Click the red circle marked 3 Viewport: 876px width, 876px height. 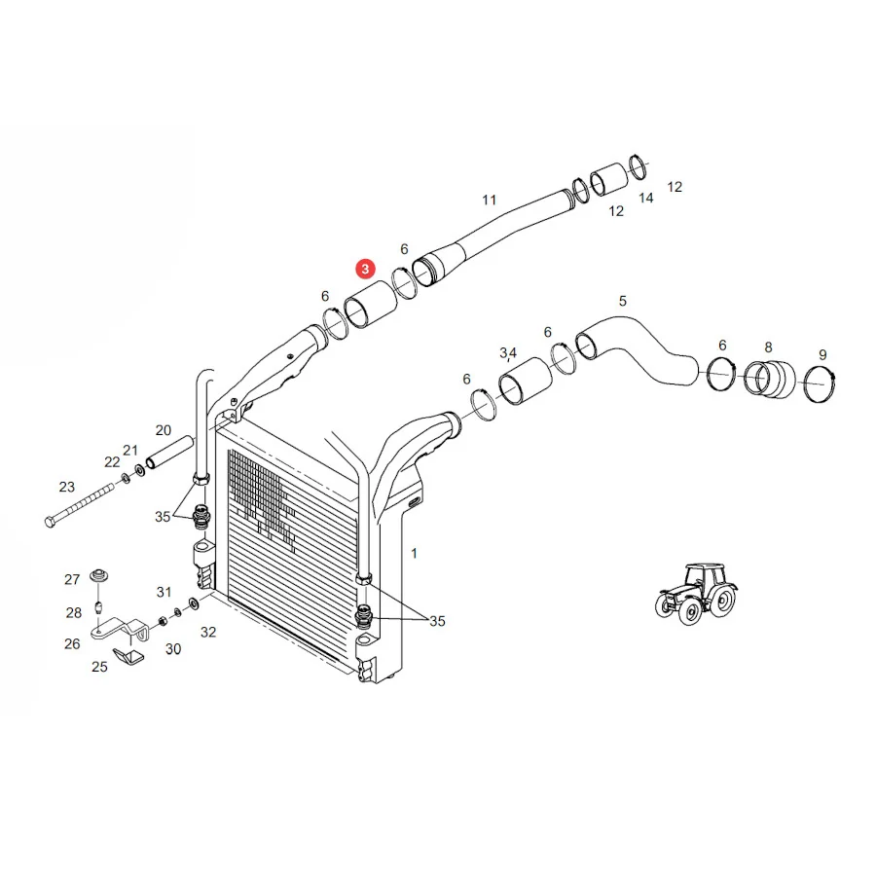[365, 269]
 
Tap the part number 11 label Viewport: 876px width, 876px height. [489, 200]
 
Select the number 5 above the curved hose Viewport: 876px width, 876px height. [622, 301]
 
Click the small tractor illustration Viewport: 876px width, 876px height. [696, 594]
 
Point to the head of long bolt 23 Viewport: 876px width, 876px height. [50, 522]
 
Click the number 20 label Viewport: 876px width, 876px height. [164, 430]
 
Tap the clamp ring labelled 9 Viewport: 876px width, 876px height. [821, 383]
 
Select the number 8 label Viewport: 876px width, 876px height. [768, 347]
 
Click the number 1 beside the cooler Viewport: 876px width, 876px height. [414, 553]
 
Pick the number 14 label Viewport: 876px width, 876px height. [646, 199]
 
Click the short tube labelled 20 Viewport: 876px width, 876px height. [169, 452]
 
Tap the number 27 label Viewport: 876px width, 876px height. [72, 579]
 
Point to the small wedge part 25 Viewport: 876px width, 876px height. [128, 656]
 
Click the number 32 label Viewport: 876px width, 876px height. [208, 632]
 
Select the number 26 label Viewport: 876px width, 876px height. [72, 643]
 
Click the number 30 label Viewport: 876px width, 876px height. [173, 648]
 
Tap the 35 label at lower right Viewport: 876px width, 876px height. [437, 621]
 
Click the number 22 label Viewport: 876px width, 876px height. [112, 462]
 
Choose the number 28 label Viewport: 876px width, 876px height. [74, 613]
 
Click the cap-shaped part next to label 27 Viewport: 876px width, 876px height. [99, 575]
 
